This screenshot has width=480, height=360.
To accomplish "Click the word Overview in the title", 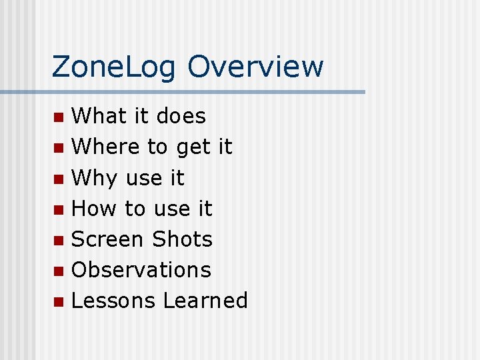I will click(x=255, y=67).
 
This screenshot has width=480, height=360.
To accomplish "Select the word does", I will click(x=181, y=116).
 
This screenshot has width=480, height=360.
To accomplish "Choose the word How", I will click(x=94, y=209).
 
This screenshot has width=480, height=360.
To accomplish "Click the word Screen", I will click(x=108, y=239).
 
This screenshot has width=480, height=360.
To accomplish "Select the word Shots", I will click(x=182, y=239).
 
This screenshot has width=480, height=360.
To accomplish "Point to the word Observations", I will click(x=141, y=270).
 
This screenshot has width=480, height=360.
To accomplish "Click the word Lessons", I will click(x=113, y=301).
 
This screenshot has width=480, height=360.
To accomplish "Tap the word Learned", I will click(x=205, y=301).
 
